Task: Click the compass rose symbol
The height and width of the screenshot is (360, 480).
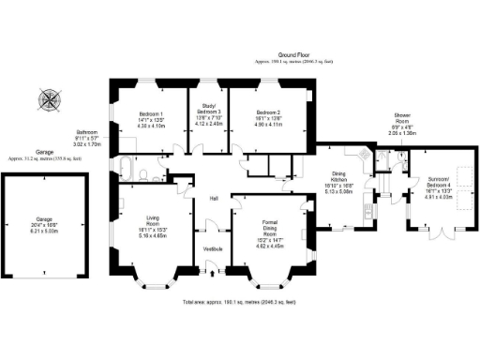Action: [x=48, y=97]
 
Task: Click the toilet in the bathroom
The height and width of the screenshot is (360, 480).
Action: [x=140, y=173]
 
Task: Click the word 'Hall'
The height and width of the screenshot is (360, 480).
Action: [x=213, y=199]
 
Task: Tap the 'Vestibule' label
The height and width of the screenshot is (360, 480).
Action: [x=213, y=248]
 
